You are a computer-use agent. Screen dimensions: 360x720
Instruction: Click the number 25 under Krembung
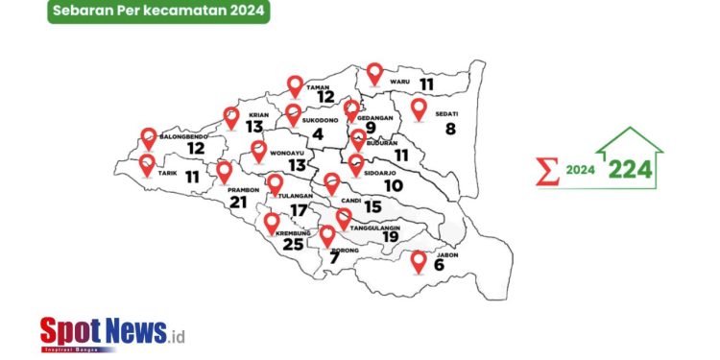pyautogui.click(x=293, y=244)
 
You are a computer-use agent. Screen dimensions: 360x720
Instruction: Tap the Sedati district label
pyautogui.click(x=445, y=113)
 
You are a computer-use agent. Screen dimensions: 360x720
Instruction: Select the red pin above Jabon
pyautogui.click(x=419, y=261)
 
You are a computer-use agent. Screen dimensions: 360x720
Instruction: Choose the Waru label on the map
pyautogui.click(x=399, y=83)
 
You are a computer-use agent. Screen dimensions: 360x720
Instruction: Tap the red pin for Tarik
pyautogui.click(x=148, y=164)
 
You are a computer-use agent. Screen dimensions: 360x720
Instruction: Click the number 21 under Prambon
pyautogui.click(x=238, y=203)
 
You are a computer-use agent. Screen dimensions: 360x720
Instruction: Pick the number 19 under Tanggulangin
pyautogui.click(x=391, y=237)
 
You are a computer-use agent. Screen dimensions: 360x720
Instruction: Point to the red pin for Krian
pyautogui.click(x=231, y=117)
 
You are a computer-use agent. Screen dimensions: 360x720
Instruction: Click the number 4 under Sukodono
pyautogui.click(x=318, y=134)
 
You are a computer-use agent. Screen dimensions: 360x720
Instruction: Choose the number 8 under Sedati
pyautogui.click(x=450, y=129)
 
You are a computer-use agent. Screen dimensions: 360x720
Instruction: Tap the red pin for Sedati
pyautogui.click(x=419, y=108)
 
